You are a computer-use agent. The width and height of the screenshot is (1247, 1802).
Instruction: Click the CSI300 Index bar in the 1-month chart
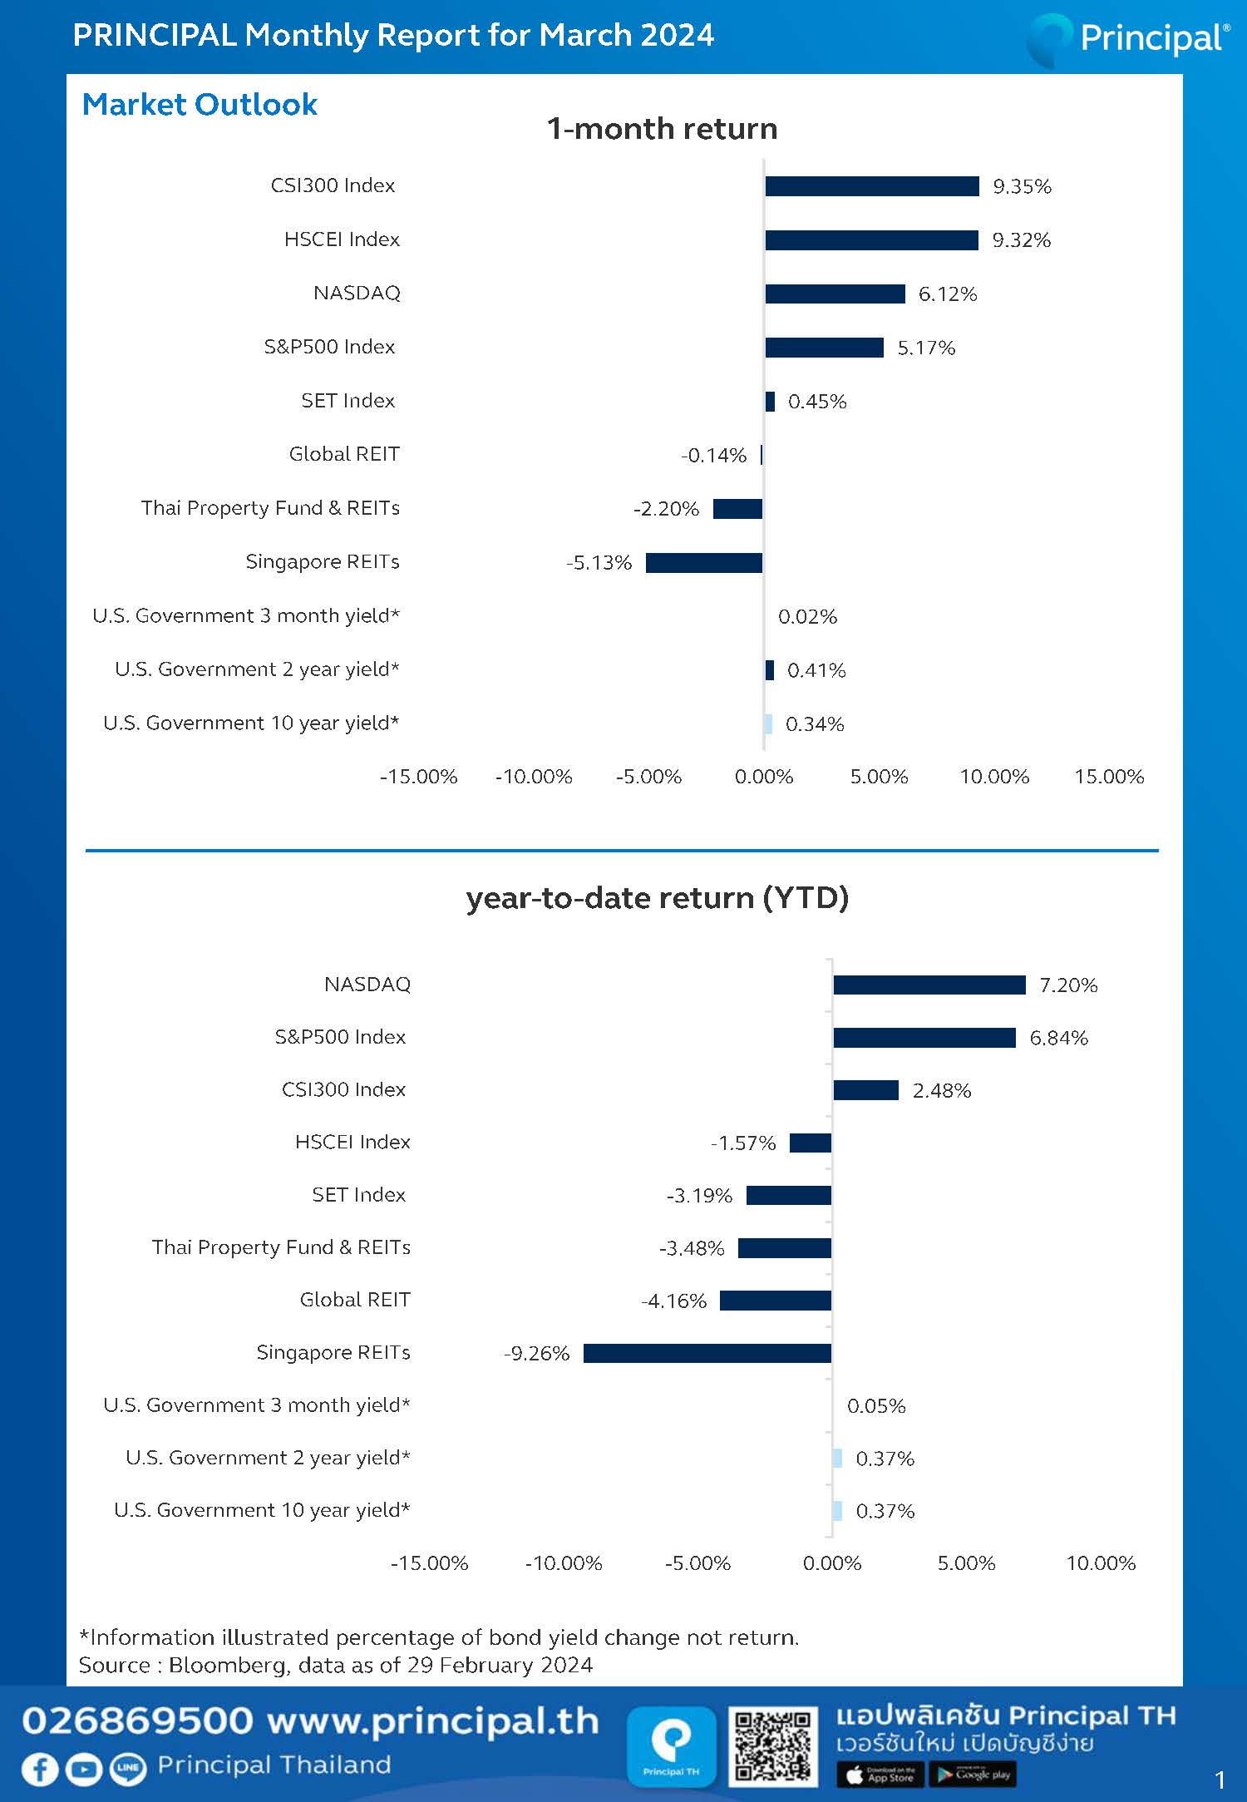pyautogui.click(x=872, y=186)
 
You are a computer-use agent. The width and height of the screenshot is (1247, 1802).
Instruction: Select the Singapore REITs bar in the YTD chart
pyautogui.click(x=707, y=1353)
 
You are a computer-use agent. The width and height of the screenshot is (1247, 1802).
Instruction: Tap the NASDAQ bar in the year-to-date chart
pyautogui.click(x=929, y=985)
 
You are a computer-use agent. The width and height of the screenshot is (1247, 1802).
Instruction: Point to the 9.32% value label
pyautogui.click(x=1022, y=240)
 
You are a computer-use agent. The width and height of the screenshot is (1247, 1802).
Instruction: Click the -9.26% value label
pyautogui.click(x=537, y=1354)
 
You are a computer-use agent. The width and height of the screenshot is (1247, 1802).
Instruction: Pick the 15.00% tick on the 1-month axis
pyautogui.click(x=1109, y=777)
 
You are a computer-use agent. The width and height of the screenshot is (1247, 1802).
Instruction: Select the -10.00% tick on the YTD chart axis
pyautogui.click(x=564, y=1563)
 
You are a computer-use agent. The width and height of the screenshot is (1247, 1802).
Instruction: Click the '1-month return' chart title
pyautogui.click(x=663, y=129)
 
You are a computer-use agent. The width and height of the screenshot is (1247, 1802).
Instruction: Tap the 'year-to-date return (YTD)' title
pyautogui.click(x=658, y=898)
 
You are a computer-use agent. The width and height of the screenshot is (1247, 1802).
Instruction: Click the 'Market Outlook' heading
pyautogui.click(x=200, y=105)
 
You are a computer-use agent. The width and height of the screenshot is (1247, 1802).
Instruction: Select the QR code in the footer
pyautogui.click(x=772, y=1746)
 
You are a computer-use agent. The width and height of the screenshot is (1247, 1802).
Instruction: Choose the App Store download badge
pyautogui.click(x=880, y=1775)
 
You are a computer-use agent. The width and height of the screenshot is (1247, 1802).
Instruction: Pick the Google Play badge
pyautogui.click(x=973, y=1775)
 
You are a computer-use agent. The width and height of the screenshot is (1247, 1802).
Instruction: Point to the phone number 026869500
pyautogui.click(x=137, y=1721)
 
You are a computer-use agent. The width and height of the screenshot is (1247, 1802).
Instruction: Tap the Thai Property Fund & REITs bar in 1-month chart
pyautogui.click(x=738, y=509)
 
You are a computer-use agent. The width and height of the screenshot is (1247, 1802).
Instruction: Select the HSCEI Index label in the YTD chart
pyautogui.click(x=352, y=1143)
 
